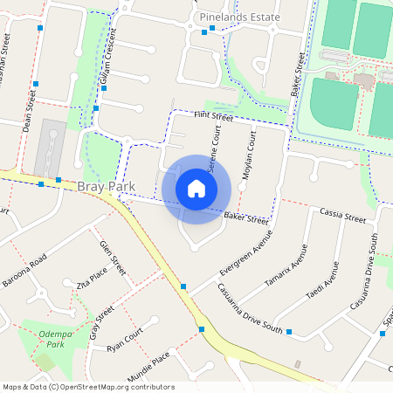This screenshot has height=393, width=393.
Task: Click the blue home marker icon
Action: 196,188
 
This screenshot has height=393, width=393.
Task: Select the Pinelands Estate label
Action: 240,17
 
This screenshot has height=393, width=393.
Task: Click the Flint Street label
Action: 213,116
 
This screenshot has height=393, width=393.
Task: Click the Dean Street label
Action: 31,114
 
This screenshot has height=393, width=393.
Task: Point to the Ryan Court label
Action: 124,340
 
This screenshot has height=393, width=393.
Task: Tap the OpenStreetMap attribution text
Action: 87,387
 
